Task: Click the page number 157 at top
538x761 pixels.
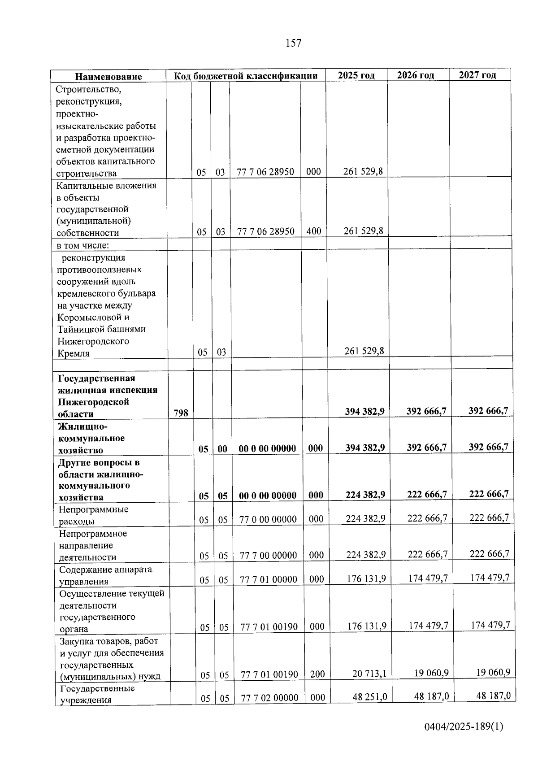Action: pyautogui.click(x=293, y=43)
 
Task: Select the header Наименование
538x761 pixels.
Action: pyautogui.click(x=108, y=77)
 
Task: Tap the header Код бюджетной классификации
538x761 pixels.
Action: pyautogui.click(x=246, y=76)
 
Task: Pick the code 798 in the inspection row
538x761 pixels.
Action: pyautogui.click(x=181, y=413)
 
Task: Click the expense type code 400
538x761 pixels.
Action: pyautogui.click(x=314, y=231)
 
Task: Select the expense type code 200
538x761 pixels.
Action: pyautogui.click(x=317, y=674)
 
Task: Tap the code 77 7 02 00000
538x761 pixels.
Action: pyautogui.click(x=269, y=698)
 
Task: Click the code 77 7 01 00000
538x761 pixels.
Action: pyautogui.click(x=269, y=579)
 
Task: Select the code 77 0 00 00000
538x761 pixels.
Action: pyautogui.click(x=268, y=519)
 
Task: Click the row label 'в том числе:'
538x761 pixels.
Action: pyautogui.click(x=83, y=245)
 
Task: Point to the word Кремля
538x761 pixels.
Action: pyautogui.click(x=73, y=353)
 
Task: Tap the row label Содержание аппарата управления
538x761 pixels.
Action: pyautogui.click(x=105, y=575)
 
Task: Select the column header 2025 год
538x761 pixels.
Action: pyautogui.click(x=356, y=75)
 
